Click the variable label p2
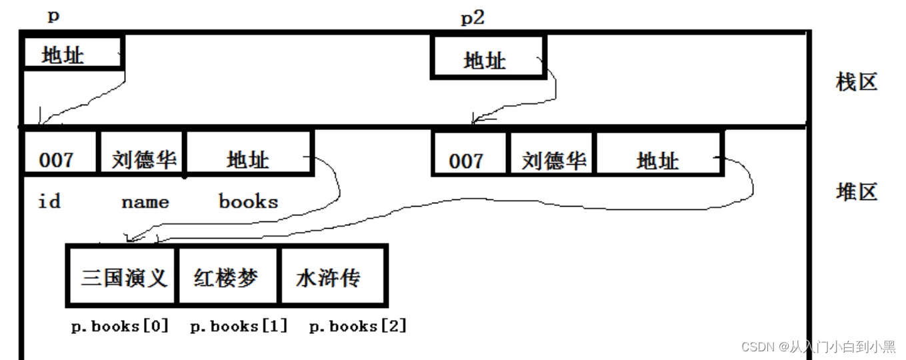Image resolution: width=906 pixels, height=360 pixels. click(x=472, y=18)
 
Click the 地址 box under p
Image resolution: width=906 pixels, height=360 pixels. click(x=72, y=53)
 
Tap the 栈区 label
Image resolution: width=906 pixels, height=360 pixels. click(x=856, y=83)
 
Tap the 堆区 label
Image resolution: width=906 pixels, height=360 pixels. click(x=856, y=192)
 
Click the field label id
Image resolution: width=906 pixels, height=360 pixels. click(x=49, y=201)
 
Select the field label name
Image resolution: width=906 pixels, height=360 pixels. click(x=145, y=202)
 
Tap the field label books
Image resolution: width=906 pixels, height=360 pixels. click(x=248, y=201)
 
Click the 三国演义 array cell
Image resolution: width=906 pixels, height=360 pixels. click(x=123, y=277)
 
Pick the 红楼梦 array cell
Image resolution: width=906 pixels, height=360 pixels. click(x=227, y=277)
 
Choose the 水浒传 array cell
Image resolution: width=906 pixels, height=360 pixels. click(x=331, y=277)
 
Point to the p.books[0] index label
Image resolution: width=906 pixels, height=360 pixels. click(x=120, y=326)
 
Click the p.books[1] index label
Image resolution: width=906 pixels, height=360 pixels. click(x=239, y=326)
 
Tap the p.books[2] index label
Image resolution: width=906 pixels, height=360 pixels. click(x=358, y=326)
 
